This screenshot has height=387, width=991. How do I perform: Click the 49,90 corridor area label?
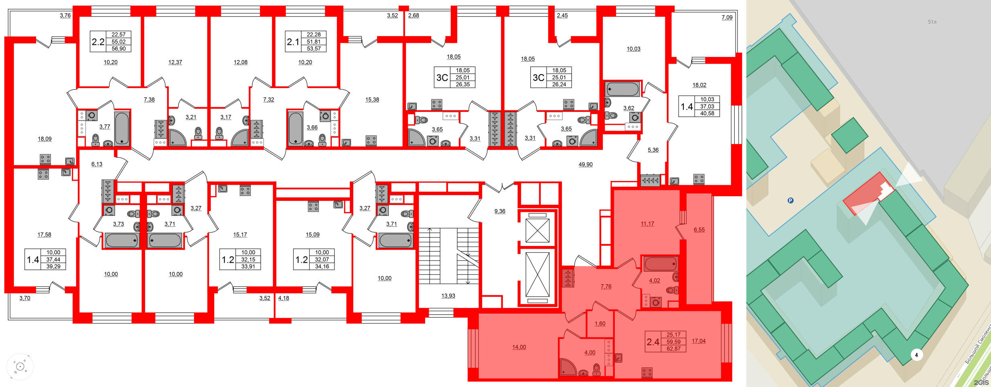click(585, 164)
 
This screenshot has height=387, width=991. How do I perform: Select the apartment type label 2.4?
click(653, 342)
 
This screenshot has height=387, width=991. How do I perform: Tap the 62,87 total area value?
click(673, 349)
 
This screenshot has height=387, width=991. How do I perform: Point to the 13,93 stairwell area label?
click(448, 296)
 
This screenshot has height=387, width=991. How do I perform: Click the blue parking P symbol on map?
click(790, 200)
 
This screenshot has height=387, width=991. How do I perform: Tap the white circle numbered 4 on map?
click(916, 355)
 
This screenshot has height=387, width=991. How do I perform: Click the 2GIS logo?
click(981, 383)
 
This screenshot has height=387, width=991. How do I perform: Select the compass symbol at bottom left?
click(20, 367)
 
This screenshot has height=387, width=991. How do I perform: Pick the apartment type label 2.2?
click(98, 42)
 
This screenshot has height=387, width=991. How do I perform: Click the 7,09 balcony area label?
click(727, 17)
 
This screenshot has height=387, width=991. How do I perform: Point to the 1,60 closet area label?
click(600, 324)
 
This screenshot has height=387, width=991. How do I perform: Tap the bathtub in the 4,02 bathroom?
click(660, 264)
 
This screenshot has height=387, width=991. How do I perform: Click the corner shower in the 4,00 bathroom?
click(567, 367)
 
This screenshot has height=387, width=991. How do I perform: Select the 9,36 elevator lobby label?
click(500, 211)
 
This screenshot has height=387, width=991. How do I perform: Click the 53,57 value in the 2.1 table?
click(314, 48)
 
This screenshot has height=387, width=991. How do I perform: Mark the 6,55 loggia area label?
click(699, 230)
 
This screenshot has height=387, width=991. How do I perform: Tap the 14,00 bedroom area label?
click(519, 347)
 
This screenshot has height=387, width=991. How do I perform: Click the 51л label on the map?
click(932, 22)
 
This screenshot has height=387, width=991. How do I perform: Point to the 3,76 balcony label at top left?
click(65, 15)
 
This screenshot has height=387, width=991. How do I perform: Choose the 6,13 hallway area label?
click(97, 164)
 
